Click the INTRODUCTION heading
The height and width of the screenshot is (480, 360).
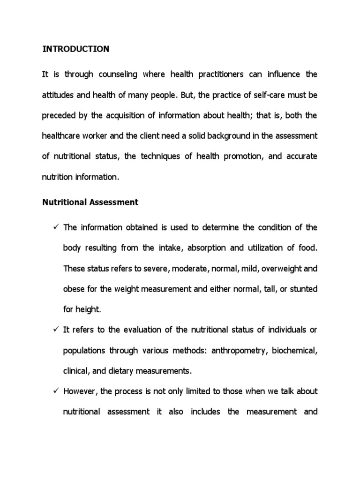[76, 49]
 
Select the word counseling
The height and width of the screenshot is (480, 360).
[115, 75]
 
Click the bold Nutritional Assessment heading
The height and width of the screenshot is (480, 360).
[90, 202]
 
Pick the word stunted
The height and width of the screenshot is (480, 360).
[304, 289]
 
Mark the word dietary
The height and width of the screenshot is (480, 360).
[112, 371]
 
